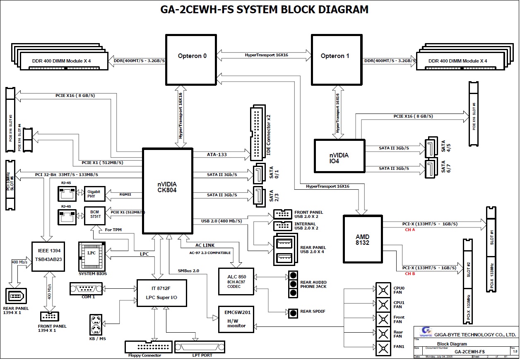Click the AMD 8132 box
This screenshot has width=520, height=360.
click(x=362, y=239)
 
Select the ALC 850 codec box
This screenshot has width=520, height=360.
click(x=236, y=282)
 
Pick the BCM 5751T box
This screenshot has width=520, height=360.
click(x=94, y=215)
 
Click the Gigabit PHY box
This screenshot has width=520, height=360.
click(x=94, y=193)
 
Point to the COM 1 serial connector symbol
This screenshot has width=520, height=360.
click(x=86, y=288)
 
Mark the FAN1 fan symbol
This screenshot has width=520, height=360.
click(x=383, y=346)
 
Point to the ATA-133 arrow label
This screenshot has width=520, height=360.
click(x=217, y=155)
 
